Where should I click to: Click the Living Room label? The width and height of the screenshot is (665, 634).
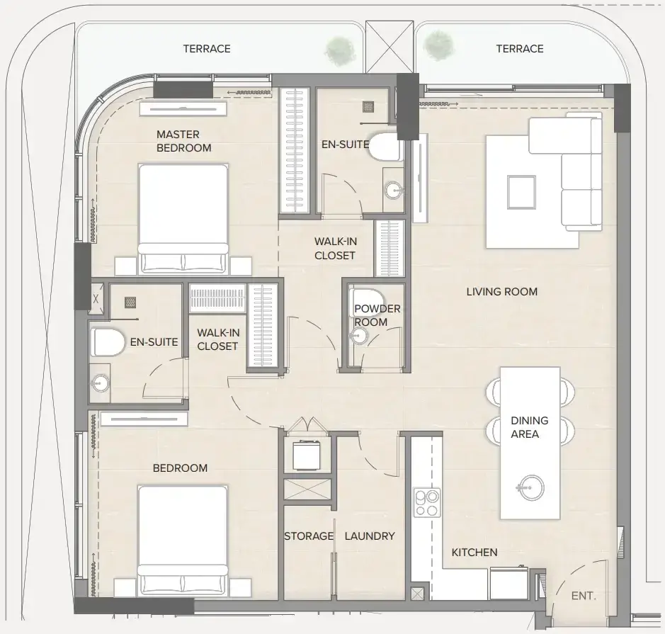coord(501,292)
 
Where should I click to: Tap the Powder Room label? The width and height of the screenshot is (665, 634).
coord(377,315)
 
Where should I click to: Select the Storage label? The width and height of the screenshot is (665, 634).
coord(309,536)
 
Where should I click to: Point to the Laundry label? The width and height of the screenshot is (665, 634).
coord(370,536)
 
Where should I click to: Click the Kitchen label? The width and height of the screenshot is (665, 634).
coord(474,552)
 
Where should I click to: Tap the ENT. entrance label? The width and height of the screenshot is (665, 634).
coord(584,596)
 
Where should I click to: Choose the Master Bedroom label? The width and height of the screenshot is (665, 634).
coord(183,141)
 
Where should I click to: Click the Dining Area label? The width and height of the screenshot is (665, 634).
coord(529,427)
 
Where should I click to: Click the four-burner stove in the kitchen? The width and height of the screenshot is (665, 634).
coord(427,502)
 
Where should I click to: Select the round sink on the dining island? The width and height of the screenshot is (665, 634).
coord(530,487)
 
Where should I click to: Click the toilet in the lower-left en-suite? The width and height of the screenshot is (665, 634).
coord(108,342)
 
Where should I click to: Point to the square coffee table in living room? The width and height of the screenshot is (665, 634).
coord(522,192)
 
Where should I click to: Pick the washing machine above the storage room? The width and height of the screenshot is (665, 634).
coord(306,456)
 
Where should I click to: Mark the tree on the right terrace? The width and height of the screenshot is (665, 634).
coord(438,45)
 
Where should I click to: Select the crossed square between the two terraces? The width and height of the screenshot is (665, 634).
coord(390,47)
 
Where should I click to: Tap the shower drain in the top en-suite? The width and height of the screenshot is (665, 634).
coord(368,106)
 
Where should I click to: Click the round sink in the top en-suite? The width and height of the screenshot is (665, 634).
coord(394,191)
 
